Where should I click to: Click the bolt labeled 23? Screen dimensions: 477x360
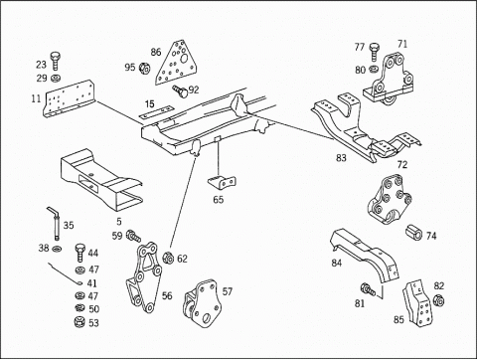pos(56,61)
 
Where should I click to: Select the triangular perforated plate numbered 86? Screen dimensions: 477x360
pos(177,64)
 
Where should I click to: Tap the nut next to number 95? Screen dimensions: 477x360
pos(144,68)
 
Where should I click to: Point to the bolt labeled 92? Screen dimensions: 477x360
pos(180,90)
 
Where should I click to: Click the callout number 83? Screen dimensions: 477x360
pos(341,158)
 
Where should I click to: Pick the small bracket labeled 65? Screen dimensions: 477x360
pos(222,182)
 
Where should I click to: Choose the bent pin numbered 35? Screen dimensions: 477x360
pos(55,223)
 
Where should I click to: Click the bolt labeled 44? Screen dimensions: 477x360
pos(80,253)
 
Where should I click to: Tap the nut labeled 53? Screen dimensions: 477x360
pos(79,321)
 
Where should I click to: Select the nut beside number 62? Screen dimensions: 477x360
pos(168,258)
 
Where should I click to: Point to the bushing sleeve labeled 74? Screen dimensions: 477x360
pos(413,232)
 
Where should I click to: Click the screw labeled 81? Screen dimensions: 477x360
pos(369,289)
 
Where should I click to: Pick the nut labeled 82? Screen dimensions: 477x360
pos(438,300)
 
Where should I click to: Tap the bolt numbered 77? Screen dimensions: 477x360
pos(374,52)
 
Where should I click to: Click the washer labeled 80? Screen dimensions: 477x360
pos(374,69)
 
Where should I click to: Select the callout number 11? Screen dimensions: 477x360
pos(36,98)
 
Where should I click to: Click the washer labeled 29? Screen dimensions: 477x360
pos(55,79)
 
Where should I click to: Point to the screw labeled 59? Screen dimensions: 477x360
pos(134,235)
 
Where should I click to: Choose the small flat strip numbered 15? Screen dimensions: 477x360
pos(156,111)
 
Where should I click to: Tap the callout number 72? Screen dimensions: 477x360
pos(401,165)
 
